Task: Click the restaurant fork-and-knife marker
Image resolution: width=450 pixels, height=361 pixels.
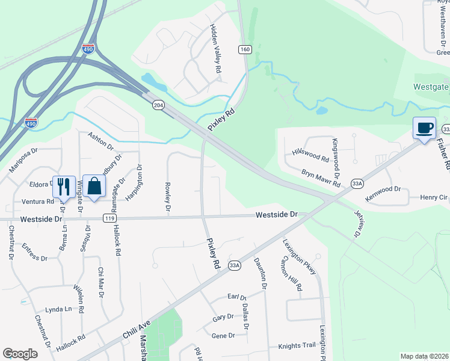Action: [63, 186]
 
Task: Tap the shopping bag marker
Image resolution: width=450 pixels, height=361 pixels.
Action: [94, 186]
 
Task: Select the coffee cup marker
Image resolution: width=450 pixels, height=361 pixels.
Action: [424, 128]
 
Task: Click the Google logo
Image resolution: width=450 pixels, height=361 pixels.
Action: [20, 354]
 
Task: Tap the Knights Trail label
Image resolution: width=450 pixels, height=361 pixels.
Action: [297, 346]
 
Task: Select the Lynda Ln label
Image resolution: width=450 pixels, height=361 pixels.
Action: [58, 309]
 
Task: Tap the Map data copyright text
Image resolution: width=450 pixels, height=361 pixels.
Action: [424, 357]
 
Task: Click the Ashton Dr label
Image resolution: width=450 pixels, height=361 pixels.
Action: [100, 141]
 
